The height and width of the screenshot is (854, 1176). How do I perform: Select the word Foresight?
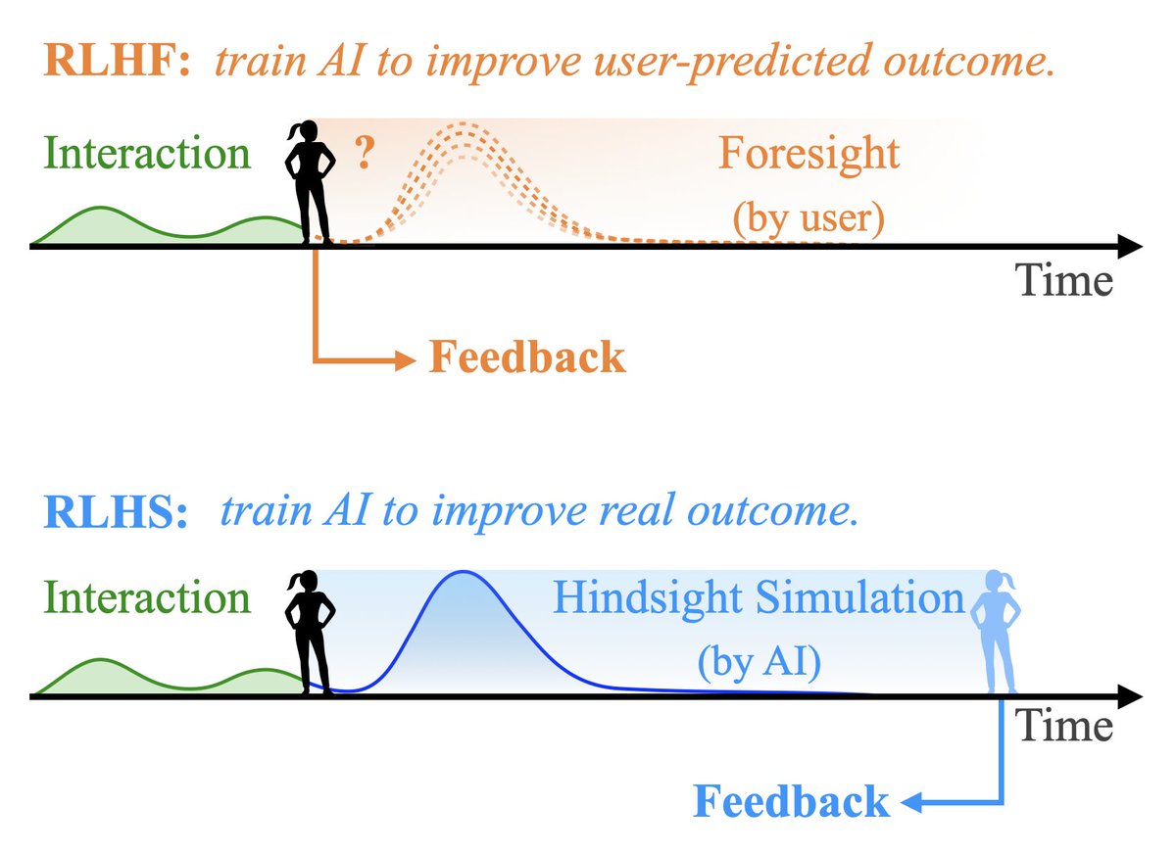pos(808,155)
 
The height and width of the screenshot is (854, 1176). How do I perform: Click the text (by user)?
pos(808,218)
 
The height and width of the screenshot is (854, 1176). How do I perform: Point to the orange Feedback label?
pos(526,358)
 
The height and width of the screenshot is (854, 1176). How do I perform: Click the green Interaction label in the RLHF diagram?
pos(146,154)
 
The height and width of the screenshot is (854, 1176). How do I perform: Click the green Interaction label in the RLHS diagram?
pos(146,597)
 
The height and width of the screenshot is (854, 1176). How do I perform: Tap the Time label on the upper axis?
pos(1064,281)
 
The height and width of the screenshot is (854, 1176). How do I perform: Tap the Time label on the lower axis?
pos(1064,726)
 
